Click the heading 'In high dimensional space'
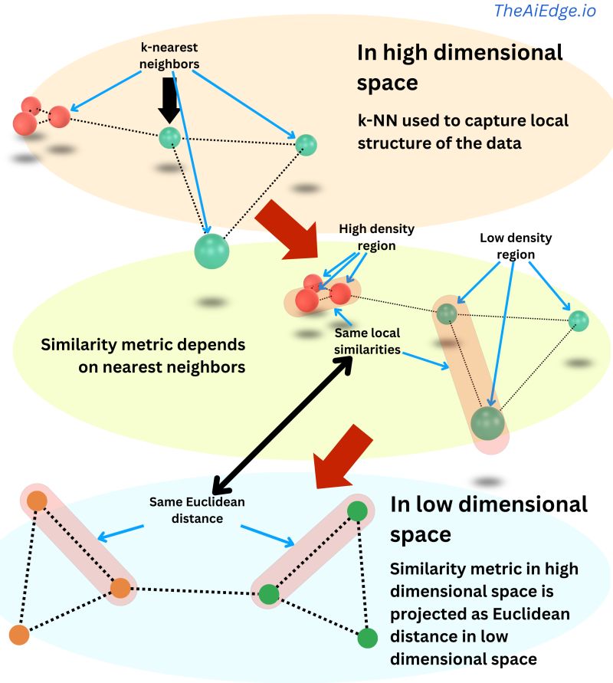[460, 67]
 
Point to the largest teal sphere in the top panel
[211, 251]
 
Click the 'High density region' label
[377, 238]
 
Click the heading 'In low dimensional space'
[489, 518]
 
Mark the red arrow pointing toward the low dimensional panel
[343, 458]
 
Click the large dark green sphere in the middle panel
[487, 423]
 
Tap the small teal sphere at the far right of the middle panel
[579, 320]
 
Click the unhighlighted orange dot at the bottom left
[19, 635]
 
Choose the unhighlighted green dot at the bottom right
[368, 637]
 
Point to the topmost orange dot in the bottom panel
[37, 502]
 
